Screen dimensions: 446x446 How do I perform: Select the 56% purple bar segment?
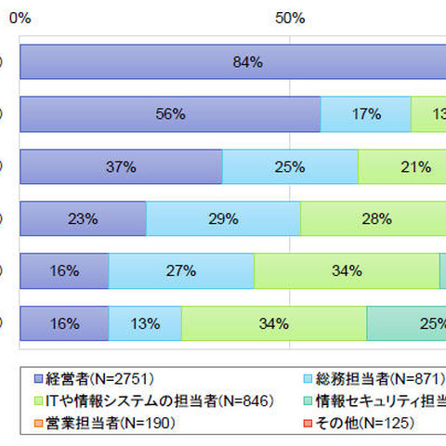(x=170, y=114)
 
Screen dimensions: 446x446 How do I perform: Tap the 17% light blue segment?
(x=365, y=114)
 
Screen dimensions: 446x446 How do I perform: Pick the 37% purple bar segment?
(x=121, y=167)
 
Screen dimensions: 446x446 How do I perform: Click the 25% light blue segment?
(x=290, y=167)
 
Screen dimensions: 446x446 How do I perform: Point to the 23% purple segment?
(x=83, y=219)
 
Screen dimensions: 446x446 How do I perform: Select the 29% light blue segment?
(x=223, y=219)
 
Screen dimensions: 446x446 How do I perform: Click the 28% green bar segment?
(x=372, y=219)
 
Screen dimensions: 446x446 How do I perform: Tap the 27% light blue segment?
(x=181, y=271)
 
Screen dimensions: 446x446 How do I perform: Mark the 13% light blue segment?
(x=145, y=324)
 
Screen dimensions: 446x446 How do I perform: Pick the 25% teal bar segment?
(x=407, y=324)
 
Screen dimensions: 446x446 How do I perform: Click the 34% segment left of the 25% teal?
(x=274, y=324)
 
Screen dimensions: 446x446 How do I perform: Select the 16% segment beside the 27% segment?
(x=64, y=271)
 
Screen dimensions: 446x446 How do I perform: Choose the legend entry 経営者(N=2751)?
(x=93, y=378)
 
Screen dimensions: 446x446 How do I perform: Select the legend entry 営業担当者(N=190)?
(x=88, y=423)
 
